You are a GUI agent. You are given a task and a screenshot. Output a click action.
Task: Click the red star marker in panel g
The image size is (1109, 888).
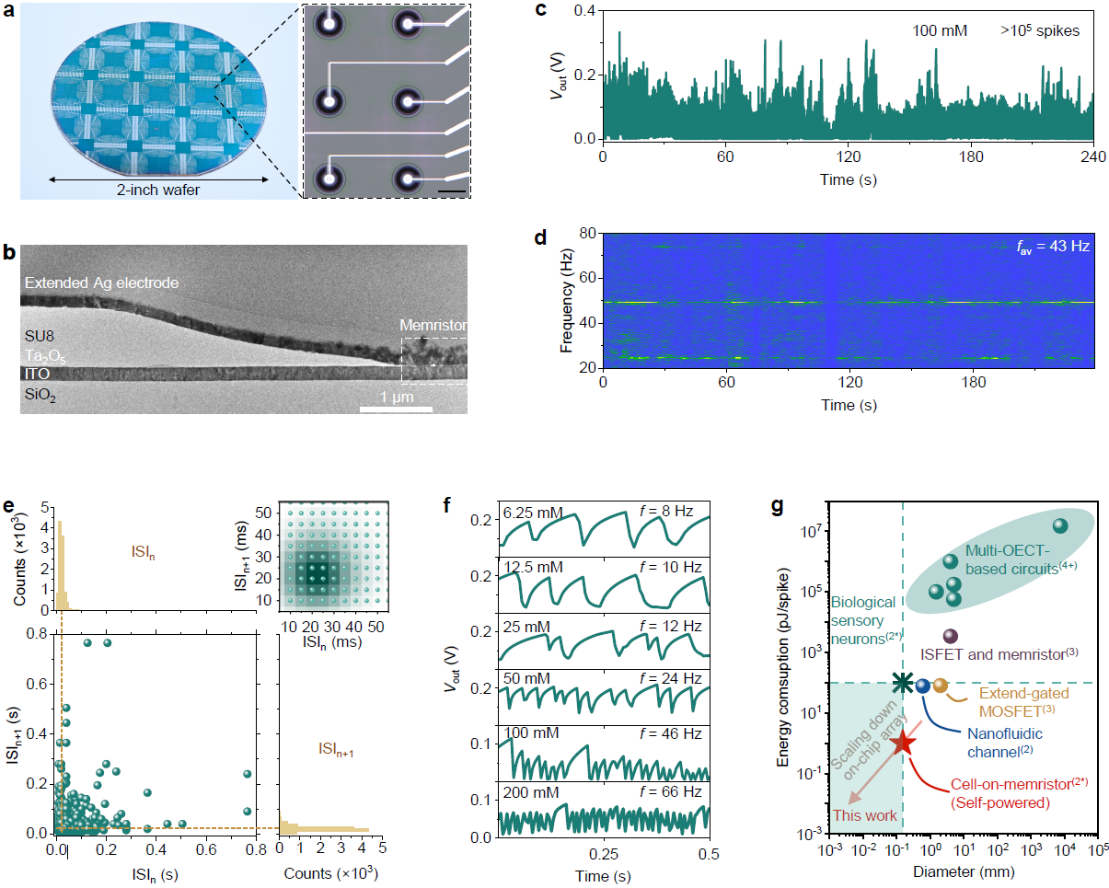pyautogui.click(x=902, y=742)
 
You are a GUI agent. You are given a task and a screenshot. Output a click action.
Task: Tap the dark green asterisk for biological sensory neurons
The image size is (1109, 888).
pyautogui.click(x=903, y=682)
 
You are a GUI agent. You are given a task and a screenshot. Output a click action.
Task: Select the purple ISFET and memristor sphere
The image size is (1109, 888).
pyautogui.click(x=951, y=636)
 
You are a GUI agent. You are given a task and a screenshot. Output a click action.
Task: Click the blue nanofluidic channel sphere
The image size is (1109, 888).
pyautogui.click(x=922, y=685)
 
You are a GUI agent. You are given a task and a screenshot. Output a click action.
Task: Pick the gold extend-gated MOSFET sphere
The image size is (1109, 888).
pyautogui.click(x=940, y=685)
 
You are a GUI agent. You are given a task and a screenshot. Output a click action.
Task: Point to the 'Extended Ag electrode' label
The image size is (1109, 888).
pyautogui.click(x=101, y=283)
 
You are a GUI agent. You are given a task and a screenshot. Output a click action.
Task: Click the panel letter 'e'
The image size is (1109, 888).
pyautogui.click(x=8, y=506)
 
